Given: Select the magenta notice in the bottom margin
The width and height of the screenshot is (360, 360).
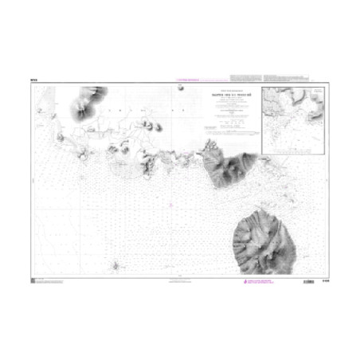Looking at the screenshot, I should [x=256, y=282].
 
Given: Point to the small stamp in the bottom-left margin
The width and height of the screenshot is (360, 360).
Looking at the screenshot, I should [x=33, y=280].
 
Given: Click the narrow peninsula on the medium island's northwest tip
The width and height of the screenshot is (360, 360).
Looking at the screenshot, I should [x=209, y=144].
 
